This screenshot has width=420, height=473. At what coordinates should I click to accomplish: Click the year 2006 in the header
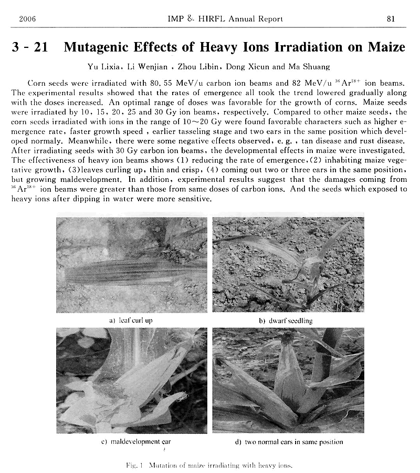pyautogui.click(x=27, y=19)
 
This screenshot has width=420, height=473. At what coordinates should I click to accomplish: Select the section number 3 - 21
pyautogui.click(x=30, y=47)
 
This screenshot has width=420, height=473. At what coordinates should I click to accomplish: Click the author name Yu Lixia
pyautogui.click(x=104, y=66)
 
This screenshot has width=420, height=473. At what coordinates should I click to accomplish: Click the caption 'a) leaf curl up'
pyautogui.click(x=131, y=320)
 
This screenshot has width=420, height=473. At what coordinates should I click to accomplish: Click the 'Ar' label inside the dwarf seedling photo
pyautogui.click(x=228, y=300)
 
